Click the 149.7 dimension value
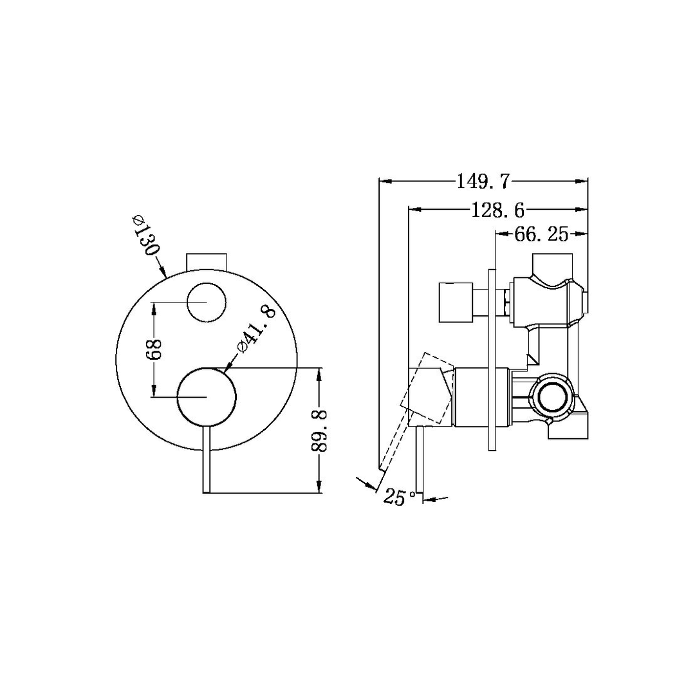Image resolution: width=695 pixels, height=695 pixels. coord(483,181)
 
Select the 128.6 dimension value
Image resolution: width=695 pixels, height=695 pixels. coord(498,209)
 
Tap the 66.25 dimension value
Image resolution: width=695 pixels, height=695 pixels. coord(541,235)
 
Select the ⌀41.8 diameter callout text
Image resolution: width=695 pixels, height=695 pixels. coord(257,329)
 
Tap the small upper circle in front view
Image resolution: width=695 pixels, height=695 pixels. coord(206,302)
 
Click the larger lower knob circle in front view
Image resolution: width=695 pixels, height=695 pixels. coord(207,397)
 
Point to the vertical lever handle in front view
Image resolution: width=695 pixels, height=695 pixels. coord(207,460)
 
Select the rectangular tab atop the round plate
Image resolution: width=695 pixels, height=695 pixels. coord(207,262)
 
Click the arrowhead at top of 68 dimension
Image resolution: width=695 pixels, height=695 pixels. coord(153,308)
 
